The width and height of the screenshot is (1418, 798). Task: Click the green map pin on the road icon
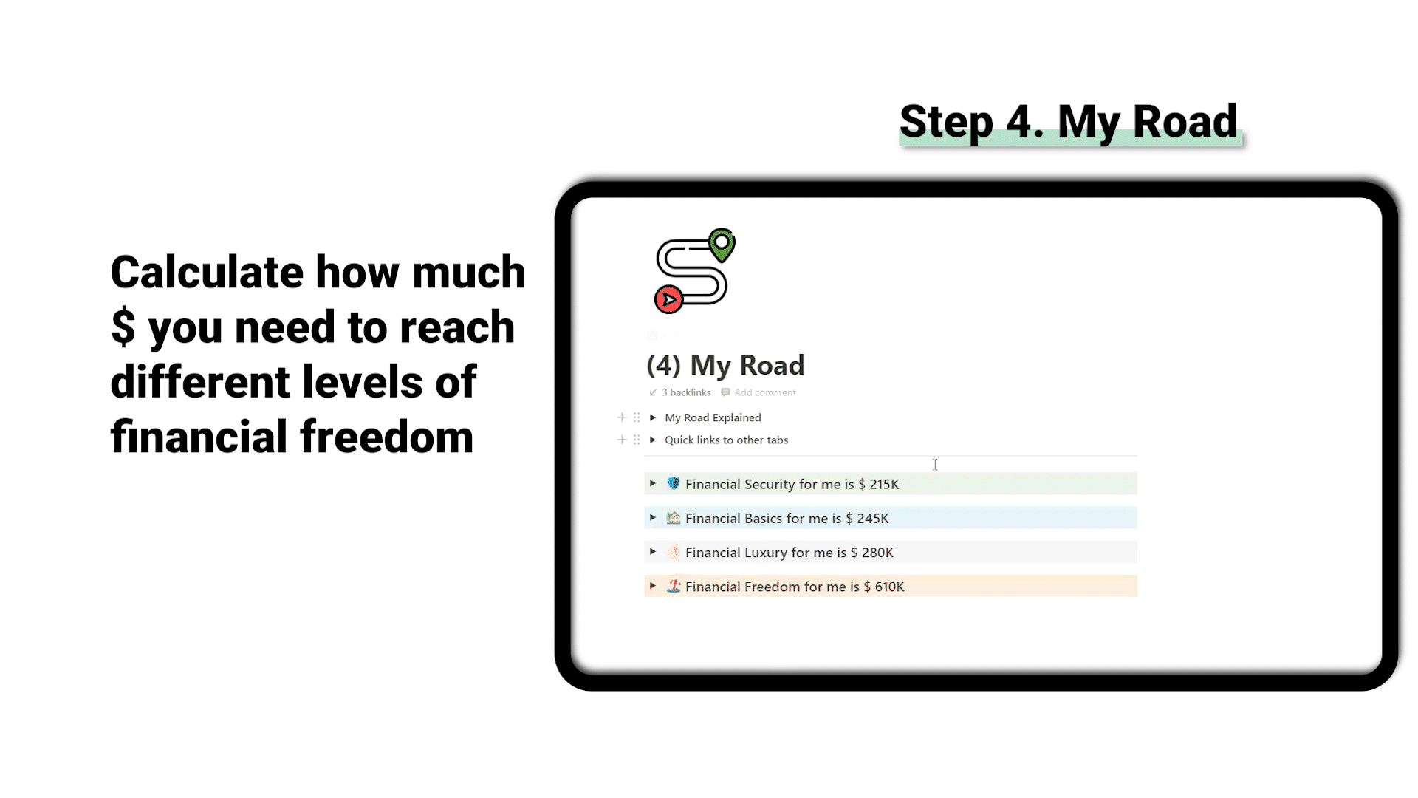point(722,245)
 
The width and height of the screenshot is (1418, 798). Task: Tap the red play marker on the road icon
point(669,299)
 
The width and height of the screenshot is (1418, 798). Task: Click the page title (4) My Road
point(725,365)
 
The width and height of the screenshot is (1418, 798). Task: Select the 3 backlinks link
point(686,392)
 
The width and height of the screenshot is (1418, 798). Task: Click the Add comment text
point(764,392)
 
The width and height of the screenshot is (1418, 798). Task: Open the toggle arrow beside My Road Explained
point(653,417)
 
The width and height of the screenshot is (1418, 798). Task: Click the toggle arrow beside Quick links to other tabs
point(653,440)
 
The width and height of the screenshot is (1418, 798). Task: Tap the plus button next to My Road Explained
point(622,417)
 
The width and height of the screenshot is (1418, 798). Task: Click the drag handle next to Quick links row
point(637,440)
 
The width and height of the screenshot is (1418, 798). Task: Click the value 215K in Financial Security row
point(884,484)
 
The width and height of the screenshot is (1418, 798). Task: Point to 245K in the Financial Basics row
point(873,518)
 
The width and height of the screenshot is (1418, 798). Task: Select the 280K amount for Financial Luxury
point(877,552)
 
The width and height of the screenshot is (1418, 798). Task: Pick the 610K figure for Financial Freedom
point(889,586)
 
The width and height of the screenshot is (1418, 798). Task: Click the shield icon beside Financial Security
point(674,483)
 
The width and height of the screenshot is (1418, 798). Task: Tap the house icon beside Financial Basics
point(674,517)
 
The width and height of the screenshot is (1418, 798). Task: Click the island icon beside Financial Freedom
point(674,586)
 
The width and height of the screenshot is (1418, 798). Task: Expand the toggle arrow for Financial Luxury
point(653,551)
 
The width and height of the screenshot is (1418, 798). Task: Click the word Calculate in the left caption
point(207,272)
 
